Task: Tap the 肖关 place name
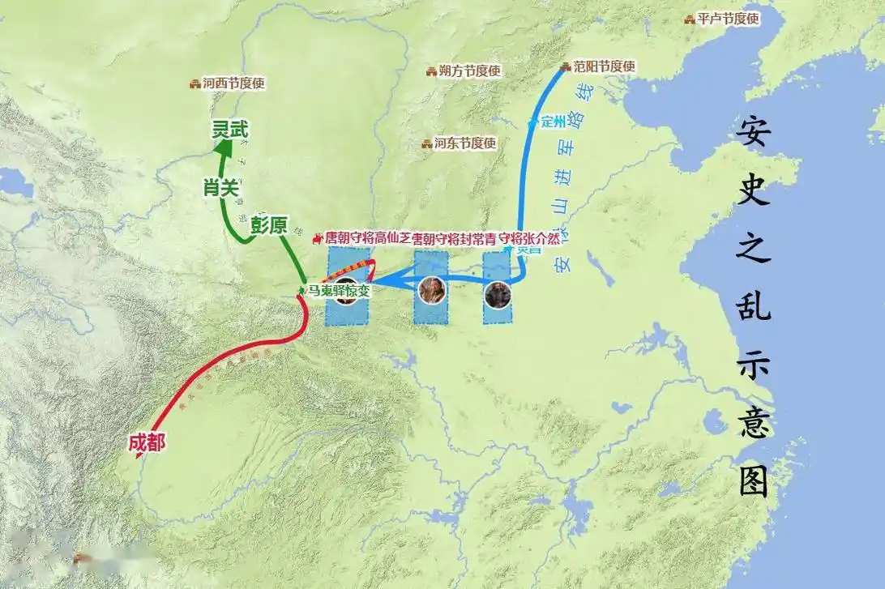(220, 188)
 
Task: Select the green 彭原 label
(268, 225)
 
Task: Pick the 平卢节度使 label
(728, 19)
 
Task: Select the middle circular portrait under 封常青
(432, 290)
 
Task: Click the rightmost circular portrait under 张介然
(498, 295)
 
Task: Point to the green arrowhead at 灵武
(223, 147)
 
